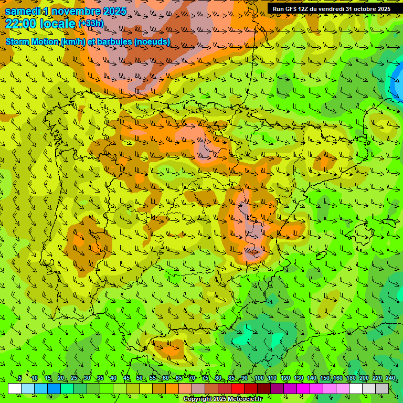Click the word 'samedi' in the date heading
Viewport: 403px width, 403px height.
point(22,11)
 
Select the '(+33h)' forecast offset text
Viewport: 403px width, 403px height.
point(90,24)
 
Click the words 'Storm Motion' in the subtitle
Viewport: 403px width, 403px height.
point(33,41)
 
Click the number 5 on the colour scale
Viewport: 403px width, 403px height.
point(19,378)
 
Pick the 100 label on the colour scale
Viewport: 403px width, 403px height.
point(259,378)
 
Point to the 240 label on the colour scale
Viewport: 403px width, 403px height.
point(390,378)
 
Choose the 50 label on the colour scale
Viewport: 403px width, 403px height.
point(140,378)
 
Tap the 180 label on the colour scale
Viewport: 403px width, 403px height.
point(351,378)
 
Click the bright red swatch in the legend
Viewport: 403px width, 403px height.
point(238,388)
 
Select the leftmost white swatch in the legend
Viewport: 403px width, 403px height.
point(15,388)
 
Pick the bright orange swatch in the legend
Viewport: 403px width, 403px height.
point(172,388)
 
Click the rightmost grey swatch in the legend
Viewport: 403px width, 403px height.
point(382,388)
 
